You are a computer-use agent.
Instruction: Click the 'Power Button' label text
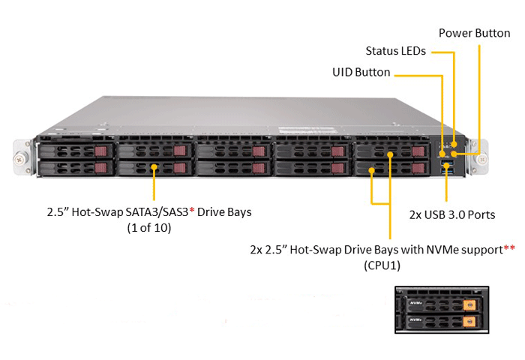click(x=474, y=33)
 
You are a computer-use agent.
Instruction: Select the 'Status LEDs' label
click(x=395, y=52)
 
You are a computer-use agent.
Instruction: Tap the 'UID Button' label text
click(x=361, y=73)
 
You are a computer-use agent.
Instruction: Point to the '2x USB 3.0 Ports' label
click(x=451, y=214)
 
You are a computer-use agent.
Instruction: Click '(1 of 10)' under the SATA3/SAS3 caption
click(x=148, y=228)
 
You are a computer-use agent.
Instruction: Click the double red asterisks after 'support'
click(x=509, y=247)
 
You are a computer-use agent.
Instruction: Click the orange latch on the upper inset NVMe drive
click(x=469, y=305)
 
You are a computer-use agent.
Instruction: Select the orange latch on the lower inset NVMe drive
click(x=469, y=323)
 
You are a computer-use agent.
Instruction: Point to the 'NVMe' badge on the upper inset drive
click(x=417, y=304)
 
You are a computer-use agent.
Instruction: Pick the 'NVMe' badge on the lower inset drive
click(x=417, y=322)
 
